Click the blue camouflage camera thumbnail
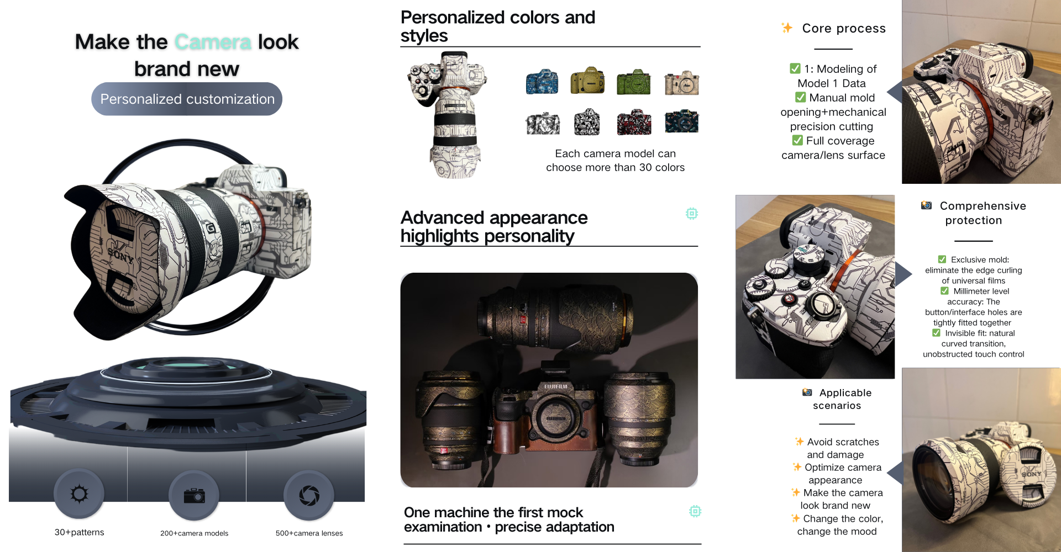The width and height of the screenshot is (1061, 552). [542, 82]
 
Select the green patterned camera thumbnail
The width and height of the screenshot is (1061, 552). [633, 83]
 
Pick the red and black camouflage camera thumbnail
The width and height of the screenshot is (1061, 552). [634, 122]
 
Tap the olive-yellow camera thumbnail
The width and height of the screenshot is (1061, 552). [587, 81]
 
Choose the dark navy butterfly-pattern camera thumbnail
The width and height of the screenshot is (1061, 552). [681, 122]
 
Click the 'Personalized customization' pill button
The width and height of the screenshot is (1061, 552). [187, 99]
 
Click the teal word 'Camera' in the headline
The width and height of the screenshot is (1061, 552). [213, 42]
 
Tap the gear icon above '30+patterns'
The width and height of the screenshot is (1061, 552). [79, 493]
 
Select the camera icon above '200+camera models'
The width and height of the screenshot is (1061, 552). [194, 496]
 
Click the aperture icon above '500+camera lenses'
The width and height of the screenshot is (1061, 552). [309, 495]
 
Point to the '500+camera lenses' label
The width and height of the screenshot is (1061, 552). [309, 533]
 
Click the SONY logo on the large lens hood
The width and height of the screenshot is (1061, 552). [120, 256]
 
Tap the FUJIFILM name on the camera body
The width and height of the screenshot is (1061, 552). [556, 387]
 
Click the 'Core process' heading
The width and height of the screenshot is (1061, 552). [844, 28]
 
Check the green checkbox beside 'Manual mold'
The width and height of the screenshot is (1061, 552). [800, 97]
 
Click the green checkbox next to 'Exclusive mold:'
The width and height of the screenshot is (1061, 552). [942, 259]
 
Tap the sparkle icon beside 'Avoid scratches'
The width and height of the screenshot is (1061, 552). [799, 442]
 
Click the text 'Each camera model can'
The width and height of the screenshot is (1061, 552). [615, 153]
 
